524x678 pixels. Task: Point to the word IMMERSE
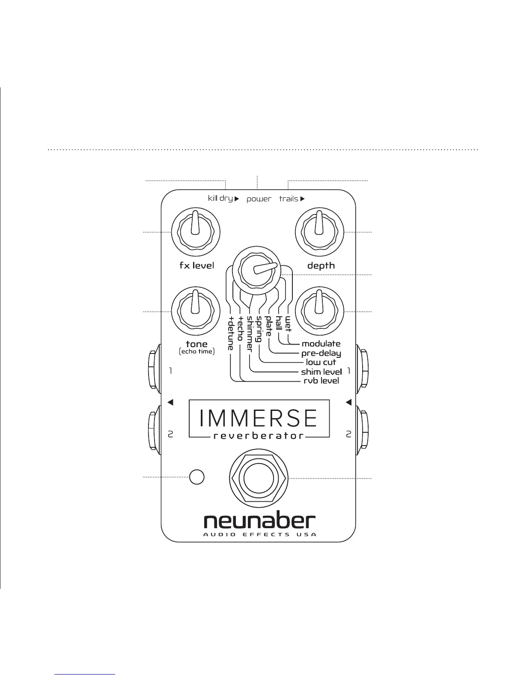(x=259, y=418)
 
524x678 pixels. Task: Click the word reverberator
(x=259, y=436)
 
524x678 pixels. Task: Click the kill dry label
(x=220, y=199)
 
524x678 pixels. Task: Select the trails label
(x=289, y=199)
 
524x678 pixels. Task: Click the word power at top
(x=259, y=199)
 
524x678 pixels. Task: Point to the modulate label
(x=321, y=344)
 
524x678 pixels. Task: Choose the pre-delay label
(x=321, y=354)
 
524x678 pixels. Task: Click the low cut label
(x=321, y=363)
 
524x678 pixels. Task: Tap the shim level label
(x=321, y=372)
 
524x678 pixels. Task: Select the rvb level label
(x=321, y=381)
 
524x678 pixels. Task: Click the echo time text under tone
(x=196, y=351)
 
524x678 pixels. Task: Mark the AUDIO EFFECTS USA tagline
(x=259, y=535)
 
